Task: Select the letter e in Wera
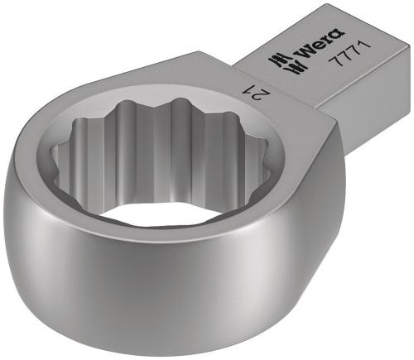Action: click(x=304, y=53)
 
